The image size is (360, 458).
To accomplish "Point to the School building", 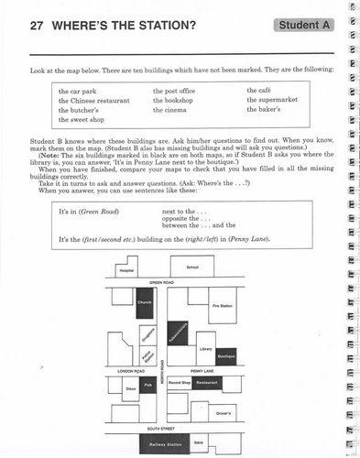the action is click(191, 267).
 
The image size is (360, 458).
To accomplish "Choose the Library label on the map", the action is click(206, 349).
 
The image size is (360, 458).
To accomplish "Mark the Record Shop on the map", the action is click(180, 382).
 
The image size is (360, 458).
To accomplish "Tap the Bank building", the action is click(198, 442).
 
